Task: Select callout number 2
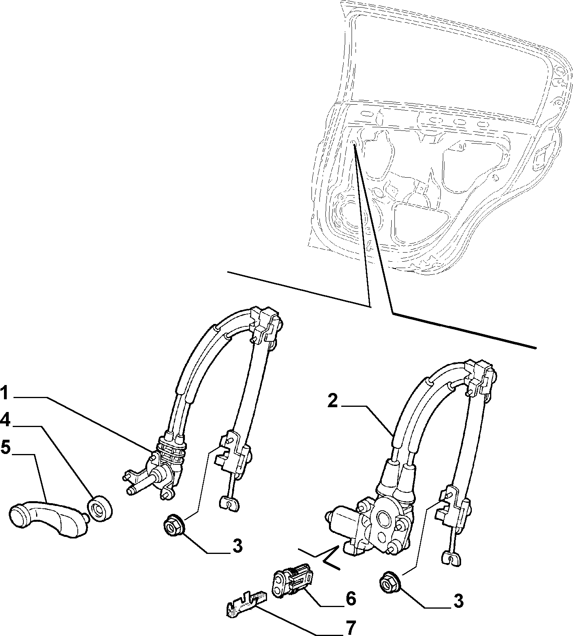pos(333,402)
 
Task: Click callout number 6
pos(351,588)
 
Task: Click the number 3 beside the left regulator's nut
pos(237,547)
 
